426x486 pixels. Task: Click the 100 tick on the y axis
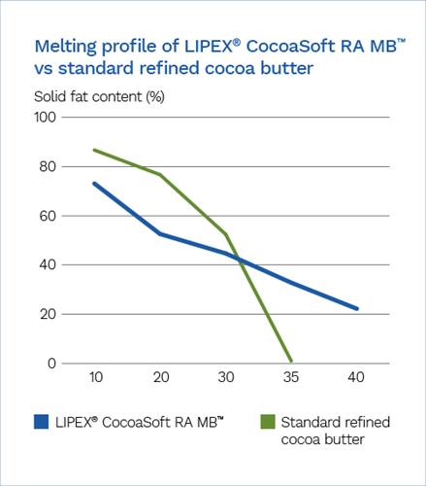46,118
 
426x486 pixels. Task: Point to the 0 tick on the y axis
52,364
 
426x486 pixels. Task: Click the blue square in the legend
42,422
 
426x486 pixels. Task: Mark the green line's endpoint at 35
291,361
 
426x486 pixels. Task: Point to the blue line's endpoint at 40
357,309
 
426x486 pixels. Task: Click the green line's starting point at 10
94,150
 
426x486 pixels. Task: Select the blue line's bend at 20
159,233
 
